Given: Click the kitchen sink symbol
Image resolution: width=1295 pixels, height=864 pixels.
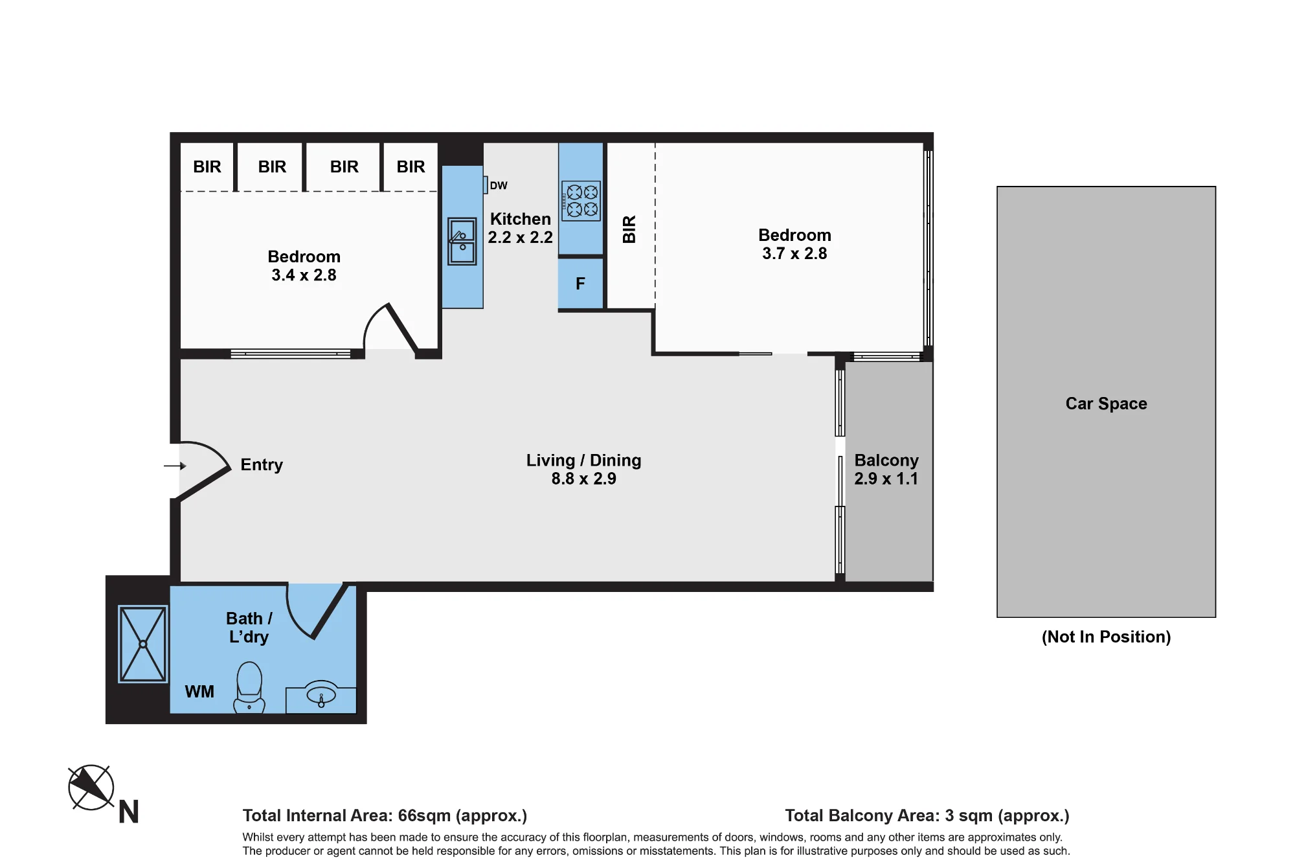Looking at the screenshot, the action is pyautogui.click(x=462, y=242).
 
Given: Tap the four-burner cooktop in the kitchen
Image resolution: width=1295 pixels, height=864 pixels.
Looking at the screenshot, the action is pyautogui.click(x=581, y=201).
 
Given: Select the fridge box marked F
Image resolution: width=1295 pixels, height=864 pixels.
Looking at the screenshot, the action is pyautogui.click(x=581, y=283).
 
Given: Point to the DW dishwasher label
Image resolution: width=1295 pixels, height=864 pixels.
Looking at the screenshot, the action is pyautogui.click(x=499, y=185).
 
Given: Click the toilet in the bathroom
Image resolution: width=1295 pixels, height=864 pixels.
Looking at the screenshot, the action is pyautogui.click(x=249, y=687).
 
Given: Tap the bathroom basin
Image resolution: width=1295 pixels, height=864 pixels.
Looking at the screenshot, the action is pyautogui.click(x=321, y=696).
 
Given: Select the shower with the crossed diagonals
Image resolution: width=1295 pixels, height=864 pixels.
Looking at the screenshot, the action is pyautogui.click(x=143, y=644).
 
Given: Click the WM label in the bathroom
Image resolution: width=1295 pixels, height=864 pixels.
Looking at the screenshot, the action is pyautogui.click(x=199, y=692).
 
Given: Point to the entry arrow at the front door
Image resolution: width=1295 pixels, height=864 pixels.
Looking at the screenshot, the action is pyautogui.click(x=175, y=466).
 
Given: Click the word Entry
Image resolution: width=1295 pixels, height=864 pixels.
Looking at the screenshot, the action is pyautogui.click(x=262, y=465).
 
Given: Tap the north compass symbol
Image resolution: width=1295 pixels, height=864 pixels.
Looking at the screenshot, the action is pyautogui.click(x=91, y=788).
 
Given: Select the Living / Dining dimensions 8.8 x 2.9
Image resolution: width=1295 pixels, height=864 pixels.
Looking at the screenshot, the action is pyautogui.click(x=583, y=479).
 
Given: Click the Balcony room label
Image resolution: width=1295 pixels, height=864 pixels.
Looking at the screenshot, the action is pyautogui.click(x=886, y=460).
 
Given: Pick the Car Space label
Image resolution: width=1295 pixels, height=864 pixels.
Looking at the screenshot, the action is pyautogui.click(x=1106, y=404).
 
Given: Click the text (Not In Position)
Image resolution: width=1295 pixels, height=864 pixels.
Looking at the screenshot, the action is pyautogui.click(x=1106, y=637).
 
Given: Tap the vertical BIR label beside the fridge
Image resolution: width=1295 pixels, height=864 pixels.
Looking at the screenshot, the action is pyautogui.click(x=629, y=229).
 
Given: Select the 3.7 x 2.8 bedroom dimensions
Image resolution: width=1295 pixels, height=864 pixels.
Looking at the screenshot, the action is pyautogui.click(x=794, y=253).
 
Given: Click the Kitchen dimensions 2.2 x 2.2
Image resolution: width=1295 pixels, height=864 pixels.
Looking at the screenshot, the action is pyautogui.click(x=520, y=237).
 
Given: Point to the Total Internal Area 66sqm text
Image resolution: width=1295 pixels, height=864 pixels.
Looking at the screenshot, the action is pyautogui.click(x=385, y=815).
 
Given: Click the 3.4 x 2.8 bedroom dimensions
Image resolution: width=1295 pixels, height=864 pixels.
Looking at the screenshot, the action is pyautogui.click(x=304, y=275).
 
